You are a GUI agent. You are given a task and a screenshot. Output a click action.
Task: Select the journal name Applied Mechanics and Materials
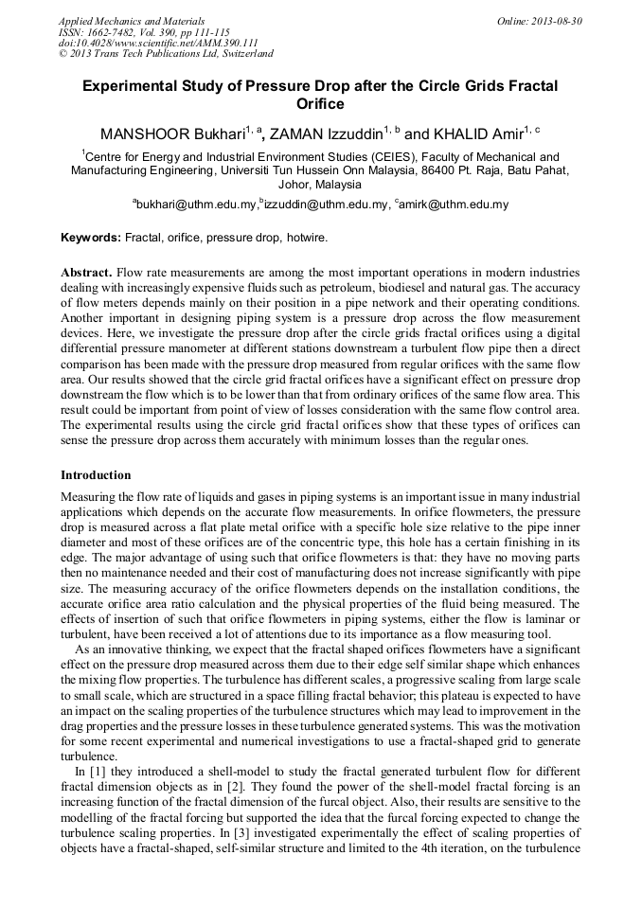(132, 21)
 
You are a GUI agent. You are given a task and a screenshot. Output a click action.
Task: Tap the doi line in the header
(158, 44)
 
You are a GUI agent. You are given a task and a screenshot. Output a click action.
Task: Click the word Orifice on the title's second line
(320, 104)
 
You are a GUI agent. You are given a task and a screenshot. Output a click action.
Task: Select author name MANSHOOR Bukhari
(172, 134)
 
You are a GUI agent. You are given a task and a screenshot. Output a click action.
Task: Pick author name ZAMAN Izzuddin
(323, 134)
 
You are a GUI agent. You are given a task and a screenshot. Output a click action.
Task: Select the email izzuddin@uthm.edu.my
(326, 205)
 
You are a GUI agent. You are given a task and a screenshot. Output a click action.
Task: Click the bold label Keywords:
(91, 238)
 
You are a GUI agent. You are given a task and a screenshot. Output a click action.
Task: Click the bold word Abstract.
(87, 272)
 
